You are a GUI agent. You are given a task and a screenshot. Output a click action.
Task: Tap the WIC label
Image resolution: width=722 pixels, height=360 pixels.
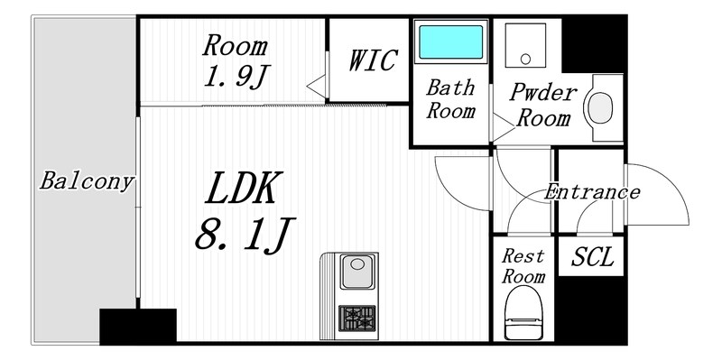372,60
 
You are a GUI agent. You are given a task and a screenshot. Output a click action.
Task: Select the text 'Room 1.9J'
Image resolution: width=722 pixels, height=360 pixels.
234,60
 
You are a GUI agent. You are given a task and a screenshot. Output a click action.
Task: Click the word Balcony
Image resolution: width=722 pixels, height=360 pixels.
87,181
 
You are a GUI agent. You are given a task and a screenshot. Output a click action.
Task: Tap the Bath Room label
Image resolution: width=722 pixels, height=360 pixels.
450,100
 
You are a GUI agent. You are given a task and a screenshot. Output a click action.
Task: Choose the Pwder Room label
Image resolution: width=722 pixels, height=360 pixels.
540,105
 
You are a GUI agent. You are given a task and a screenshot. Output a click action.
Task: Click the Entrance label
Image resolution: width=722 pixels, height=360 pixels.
591,192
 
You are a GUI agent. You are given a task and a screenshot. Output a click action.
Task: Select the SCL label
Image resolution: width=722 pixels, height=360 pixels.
592,258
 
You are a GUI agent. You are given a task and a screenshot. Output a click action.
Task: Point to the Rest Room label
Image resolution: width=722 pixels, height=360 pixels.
523,266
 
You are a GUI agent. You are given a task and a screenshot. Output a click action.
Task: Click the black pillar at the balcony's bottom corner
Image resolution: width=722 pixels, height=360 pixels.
137,326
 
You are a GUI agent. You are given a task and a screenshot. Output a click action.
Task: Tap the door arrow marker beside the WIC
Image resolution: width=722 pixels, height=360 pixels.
315,85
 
